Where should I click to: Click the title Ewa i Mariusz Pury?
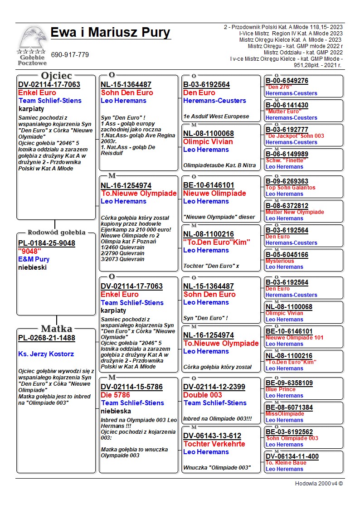click(x=110, y=33)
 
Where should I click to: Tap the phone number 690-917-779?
click(x=70, y=55)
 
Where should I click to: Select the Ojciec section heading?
click(x=56, y=76)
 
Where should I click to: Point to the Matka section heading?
click(x=56, y=329)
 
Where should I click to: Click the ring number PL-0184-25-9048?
click(x=47, y=243)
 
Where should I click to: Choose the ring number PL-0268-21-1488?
click(x=47, y=338)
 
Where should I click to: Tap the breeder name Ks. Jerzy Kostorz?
click(x=46, y=354)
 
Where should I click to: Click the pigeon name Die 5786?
click(x=116, y=395)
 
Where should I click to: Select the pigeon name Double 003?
click(x=203, y=395)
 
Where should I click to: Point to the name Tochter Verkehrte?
click(x=214, y=444)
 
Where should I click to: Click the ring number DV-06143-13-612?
click(x=212, y=436)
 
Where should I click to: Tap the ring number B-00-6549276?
click(x=287, y=81)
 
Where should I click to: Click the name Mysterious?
click(x=280, y=261)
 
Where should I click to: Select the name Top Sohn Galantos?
click(x=291, y=188)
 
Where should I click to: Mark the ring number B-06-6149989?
click(x=287, y=154)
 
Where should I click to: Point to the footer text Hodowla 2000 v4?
click(x=319, y=483)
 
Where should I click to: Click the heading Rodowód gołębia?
click(x=56, y=233)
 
